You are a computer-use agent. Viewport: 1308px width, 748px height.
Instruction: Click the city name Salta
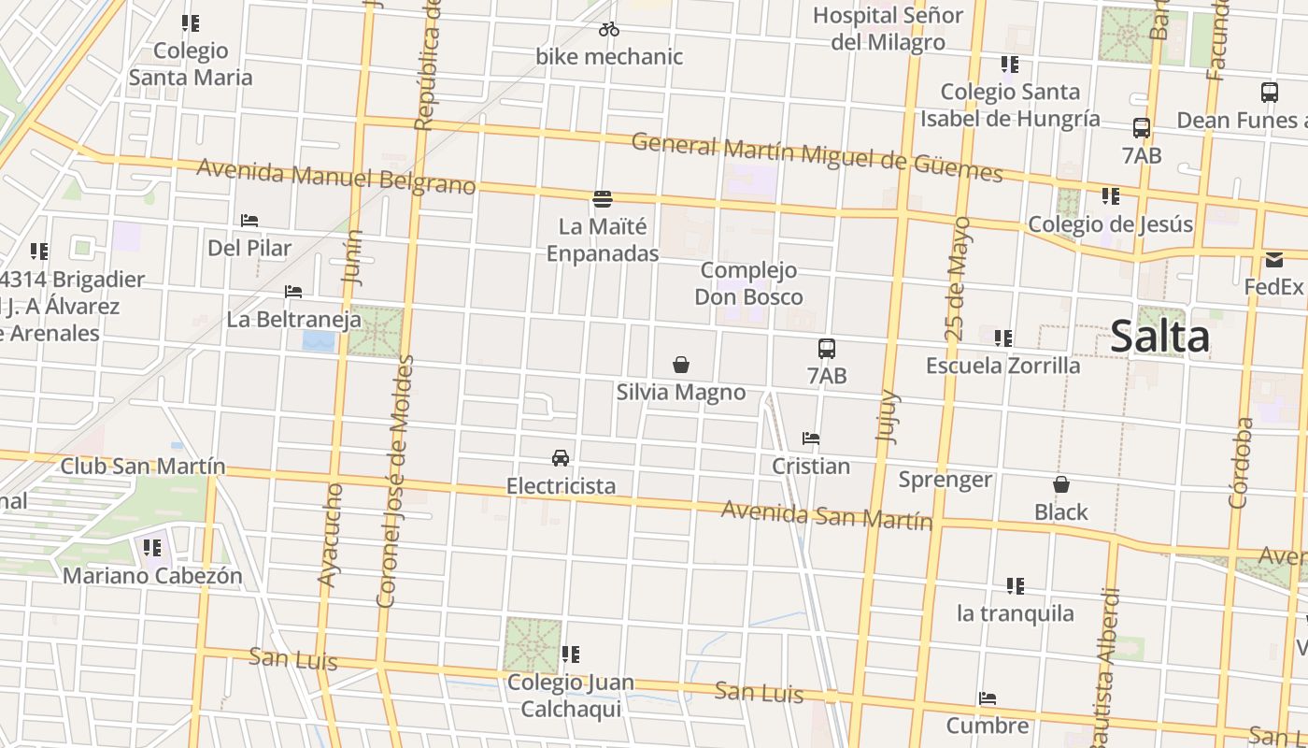tap(1159, 337)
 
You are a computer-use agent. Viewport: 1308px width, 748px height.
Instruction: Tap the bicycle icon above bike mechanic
tap(609, 29)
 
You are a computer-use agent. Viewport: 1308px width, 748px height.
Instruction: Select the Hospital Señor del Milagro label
tap(887, 29)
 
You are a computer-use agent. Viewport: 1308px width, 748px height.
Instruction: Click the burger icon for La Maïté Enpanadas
tap(603, 199)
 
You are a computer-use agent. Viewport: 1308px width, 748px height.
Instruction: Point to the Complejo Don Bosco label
tap(748, 283)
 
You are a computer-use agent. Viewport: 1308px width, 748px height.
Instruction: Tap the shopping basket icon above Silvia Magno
tap(681, 365)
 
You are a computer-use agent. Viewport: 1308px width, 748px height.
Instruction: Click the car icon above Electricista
tap(561, 458)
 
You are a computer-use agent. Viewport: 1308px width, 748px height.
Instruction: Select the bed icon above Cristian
tap(811, 439)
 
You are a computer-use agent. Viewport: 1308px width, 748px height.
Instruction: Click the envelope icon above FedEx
tap(1274, 260)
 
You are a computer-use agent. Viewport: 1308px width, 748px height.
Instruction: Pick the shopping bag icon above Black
tap(1061, 484)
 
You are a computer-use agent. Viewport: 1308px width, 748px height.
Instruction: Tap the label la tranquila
tap(1015, 613)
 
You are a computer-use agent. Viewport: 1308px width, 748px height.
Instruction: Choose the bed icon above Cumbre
tap(988, 698)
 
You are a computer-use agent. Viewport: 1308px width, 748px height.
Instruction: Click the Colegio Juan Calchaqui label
tap(570, 696)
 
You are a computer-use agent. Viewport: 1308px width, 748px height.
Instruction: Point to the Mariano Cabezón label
tap(152, 576)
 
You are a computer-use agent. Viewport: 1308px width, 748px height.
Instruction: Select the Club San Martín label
tap(143, 466)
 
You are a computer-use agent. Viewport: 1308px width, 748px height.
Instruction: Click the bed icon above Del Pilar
tap(249, 221)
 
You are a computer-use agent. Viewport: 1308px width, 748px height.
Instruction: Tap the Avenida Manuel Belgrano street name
tap(336, 177)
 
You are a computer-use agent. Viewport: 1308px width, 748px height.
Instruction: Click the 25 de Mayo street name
tap(957, 279)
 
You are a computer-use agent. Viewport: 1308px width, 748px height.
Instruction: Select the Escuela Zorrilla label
tap(1002, 365)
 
